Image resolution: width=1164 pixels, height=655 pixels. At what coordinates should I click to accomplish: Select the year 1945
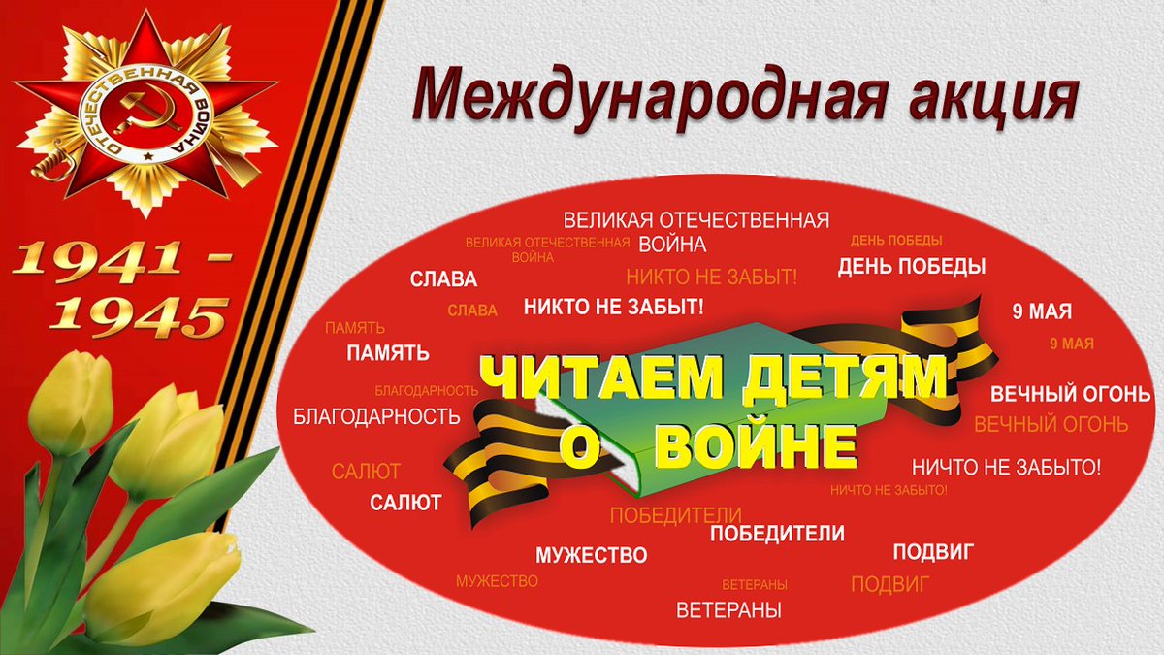pos(140,312)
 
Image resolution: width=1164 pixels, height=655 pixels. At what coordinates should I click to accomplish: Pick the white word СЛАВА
pos(443,280)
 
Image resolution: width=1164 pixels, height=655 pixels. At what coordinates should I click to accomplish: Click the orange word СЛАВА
pos(472,311)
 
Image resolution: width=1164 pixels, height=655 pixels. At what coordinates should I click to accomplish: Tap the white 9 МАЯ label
pos(1042,311)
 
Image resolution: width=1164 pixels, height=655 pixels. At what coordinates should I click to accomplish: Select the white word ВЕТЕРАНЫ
pos(728,611)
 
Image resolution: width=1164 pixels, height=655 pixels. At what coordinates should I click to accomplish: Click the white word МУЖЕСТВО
pos(591,556)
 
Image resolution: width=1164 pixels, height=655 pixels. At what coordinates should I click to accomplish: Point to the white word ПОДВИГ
pos(933,552)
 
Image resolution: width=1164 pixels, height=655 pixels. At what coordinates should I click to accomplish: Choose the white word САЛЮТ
pos(405,503)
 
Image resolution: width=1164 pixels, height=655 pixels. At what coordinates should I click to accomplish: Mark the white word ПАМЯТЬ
pos(388,353)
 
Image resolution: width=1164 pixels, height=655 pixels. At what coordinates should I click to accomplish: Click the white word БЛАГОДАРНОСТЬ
pos(376,417)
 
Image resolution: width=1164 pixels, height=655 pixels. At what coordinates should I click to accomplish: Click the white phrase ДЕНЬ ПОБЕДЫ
pos(912,267)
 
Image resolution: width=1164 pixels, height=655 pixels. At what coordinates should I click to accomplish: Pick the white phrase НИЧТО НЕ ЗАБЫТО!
pos(1006,467)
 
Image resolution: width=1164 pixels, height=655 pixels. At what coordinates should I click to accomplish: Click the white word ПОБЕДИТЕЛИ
pos(777,534)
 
